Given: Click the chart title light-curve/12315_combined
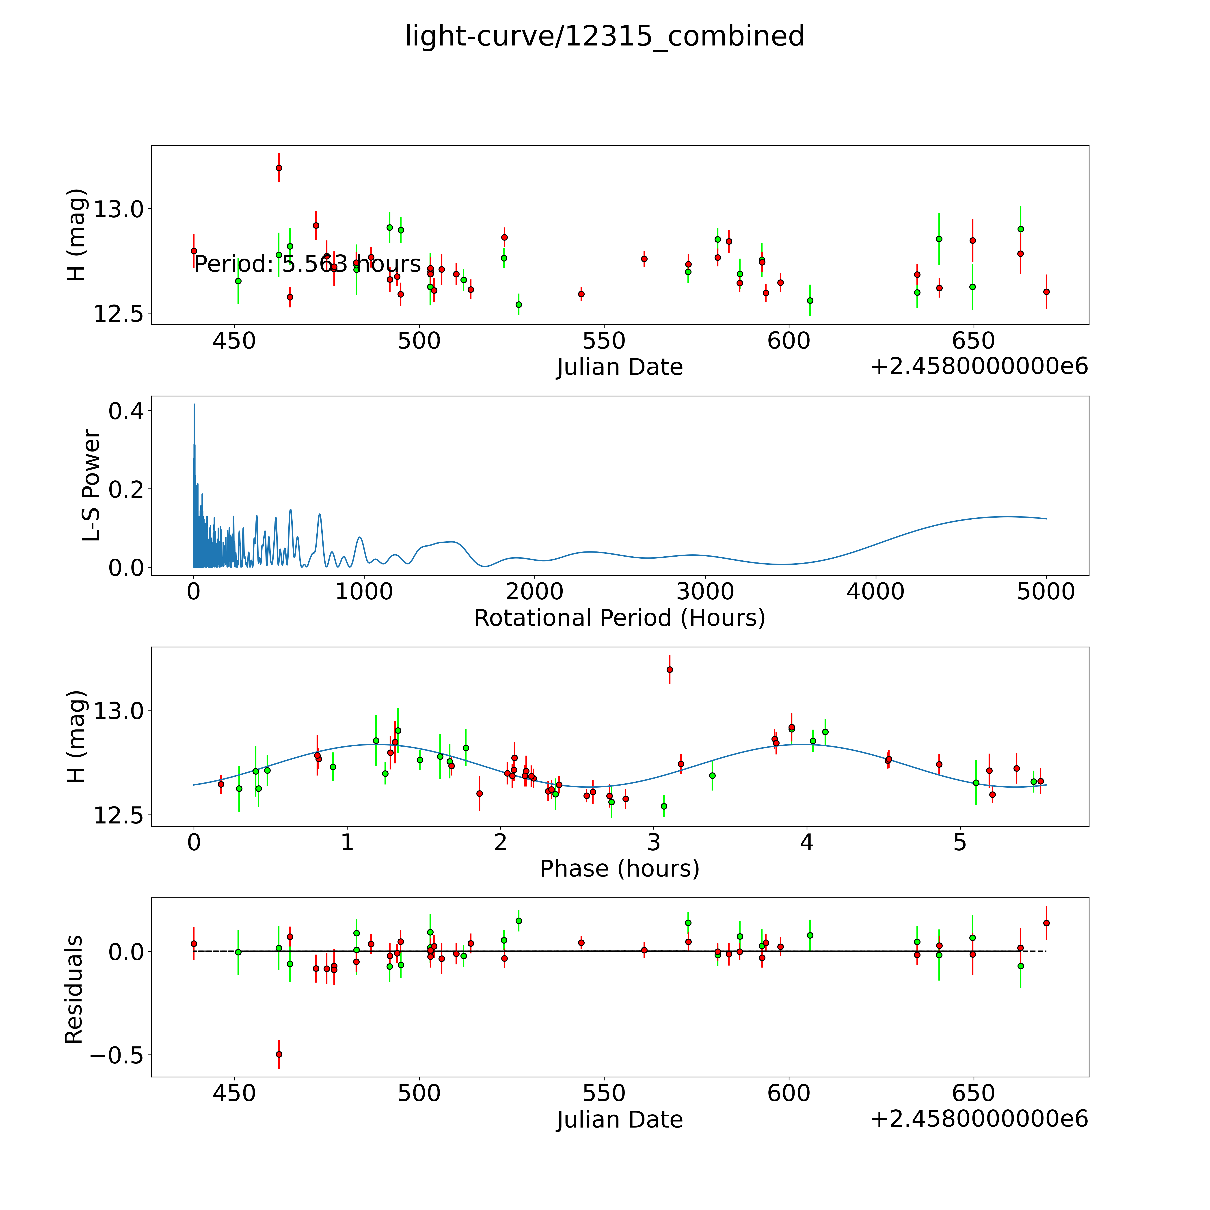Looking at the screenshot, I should tap(604, 36).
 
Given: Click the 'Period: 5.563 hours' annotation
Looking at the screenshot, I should tap(307, 264).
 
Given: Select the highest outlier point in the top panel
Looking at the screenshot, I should tap(279, 168).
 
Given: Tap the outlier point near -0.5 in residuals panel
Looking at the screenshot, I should tap(279, 1054).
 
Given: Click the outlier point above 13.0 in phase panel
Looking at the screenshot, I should tap(670, 670).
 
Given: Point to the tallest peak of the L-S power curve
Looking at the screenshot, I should tap(194, 405).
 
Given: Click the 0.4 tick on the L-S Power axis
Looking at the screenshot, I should tap(125, 411).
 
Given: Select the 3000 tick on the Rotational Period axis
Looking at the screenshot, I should tap(705, 591).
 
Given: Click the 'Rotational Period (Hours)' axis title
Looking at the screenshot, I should tap(619, 618).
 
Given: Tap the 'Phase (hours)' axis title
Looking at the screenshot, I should tap(619, 869).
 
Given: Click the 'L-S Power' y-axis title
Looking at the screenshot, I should tap(91, 485).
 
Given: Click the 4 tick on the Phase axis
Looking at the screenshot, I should tap(807, 842).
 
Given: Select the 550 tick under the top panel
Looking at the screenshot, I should tap(604, 341).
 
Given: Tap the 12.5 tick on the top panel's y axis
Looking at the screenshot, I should tap(118, 314).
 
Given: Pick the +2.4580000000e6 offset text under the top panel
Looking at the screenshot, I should tap(979, 366).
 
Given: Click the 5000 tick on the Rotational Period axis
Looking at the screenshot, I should tap(1046, 591).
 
